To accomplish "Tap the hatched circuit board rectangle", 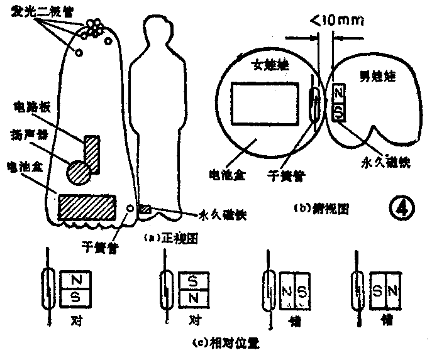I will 92,152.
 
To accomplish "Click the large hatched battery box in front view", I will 87,207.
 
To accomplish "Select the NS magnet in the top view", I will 338,102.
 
